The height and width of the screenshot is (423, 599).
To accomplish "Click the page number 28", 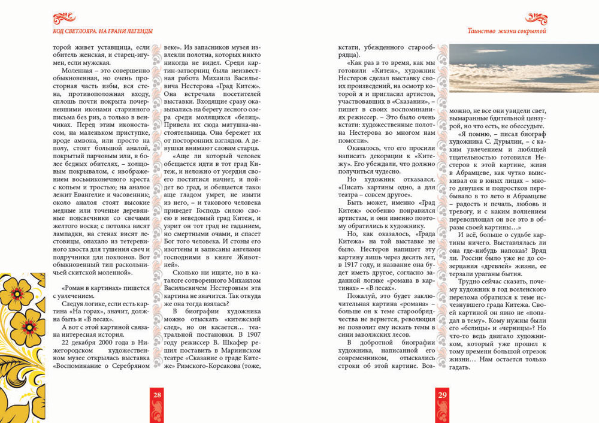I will click(157, 395).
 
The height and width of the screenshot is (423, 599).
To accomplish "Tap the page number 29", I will click(443, 395).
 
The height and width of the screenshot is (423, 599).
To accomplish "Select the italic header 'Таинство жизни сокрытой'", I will click(508, 31).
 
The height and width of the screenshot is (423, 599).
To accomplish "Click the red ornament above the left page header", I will click(64, 19).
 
